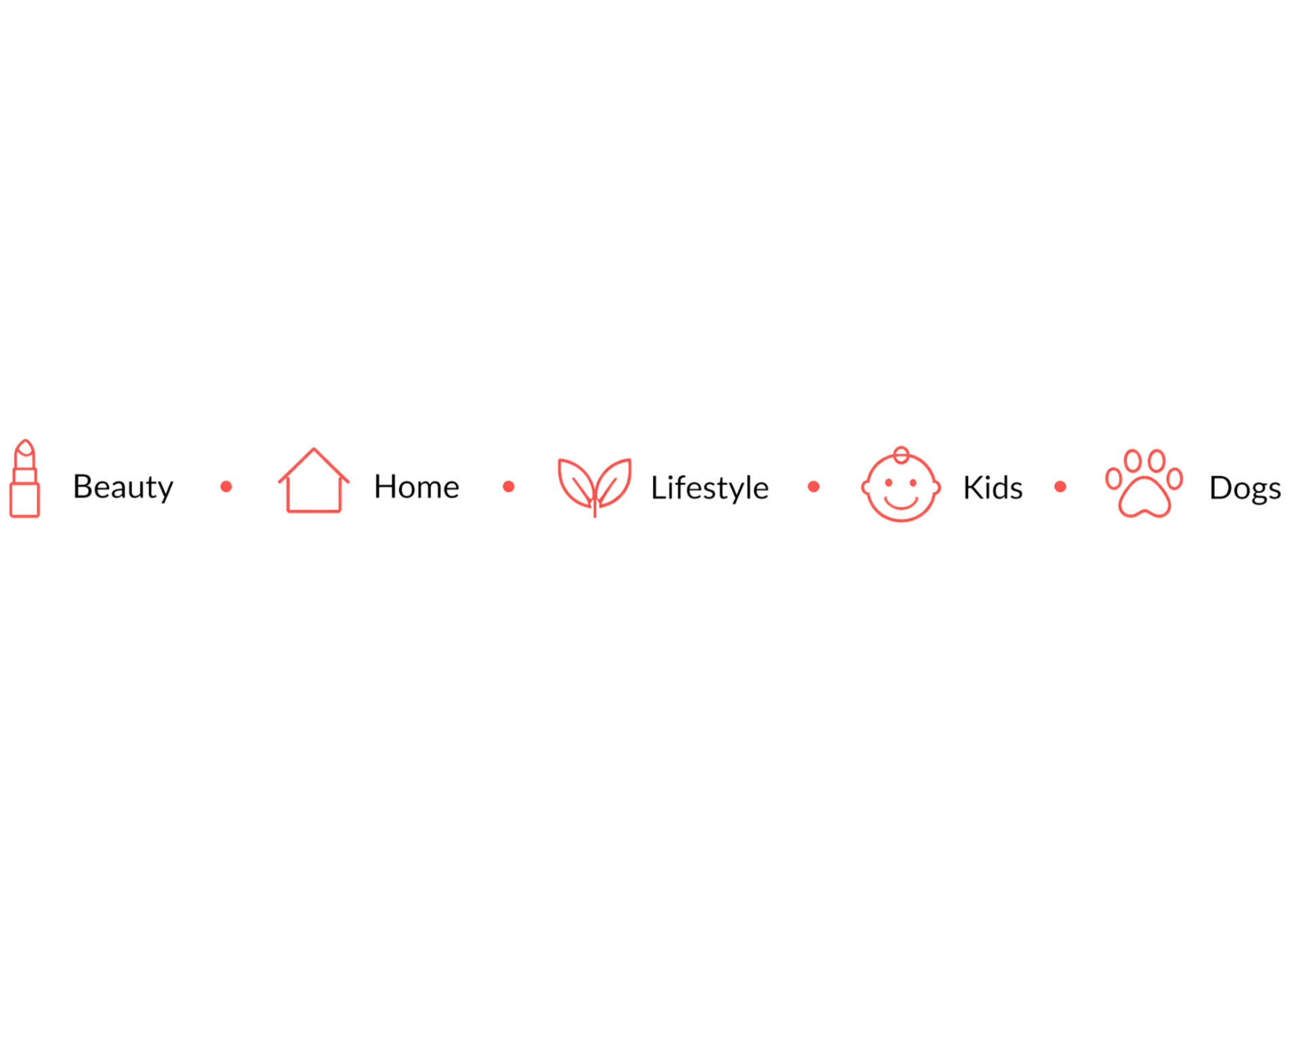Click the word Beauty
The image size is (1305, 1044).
coord(123,486)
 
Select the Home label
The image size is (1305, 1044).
coord(416,486)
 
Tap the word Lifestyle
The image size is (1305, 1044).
coord(709,488)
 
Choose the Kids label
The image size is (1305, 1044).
coord(993,487)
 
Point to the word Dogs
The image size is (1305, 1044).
coord(1245,488)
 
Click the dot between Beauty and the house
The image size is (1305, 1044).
coord(226,486)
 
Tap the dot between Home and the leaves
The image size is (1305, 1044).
coord(508,486)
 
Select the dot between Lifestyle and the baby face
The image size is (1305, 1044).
coord(814,486)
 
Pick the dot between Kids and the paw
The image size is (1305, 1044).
coord(1060,486)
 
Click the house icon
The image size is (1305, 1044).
coord(313,481)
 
